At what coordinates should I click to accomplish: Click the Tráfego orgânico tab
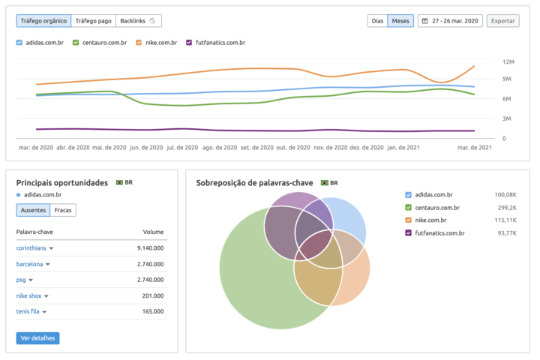pyautogui.click(x=43, y=21)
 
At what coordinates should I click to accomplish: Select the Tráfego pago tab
pyautogui.click(x=94, y=21)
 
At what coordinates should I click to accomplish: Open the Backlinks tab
pyautogui.click(x=138, y=21)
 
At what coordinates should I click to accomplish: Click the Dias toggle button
pyautogui.click(x=378, y=21)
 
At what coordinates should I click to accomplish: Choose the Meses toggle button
pyautogui.click(x=400, y=21)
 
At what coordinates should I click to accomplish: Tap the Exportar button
pyautogui.click(x=502, y=21)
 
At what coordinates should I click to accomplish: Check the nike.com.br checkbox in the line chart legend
pyautogui.click(x=139, y=43)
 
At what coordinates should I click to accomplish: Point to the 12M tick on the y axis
pyautogui.click(x=508, y=61)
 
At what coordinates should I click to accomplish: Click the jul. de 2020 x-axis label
pyautogui.click(x=181, y=148)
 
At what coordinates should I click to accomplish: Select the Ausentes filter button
pyautogui.click(x=32, y=211)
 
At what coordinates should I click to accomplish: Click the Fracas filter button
pyautogui.click(x=63, y=211)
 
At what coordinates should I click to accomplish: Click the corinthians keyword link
pyautogui.click(x=31, y=247)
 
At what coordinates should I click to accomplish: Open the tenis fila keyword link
pyautogui.click(x=28, y=311)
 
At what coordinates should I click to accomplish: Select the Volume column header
pyautogui.click(x=153, y=232)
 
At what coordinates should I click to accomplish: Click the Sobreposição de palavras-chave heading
pyautogui.click(x=255, y=182)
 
